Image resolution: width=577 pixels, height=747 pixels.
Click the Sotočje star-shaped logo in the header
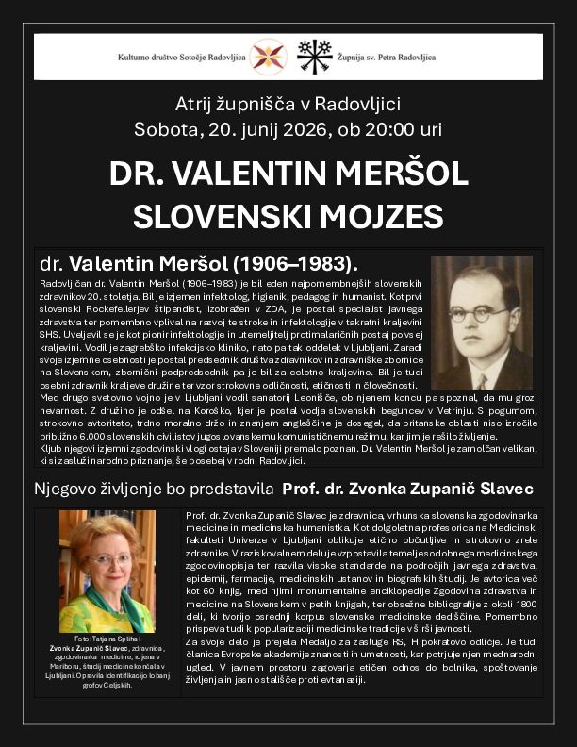click(269, 56)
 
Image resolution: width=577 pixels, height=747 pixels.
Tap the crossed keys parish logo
click(313, 56)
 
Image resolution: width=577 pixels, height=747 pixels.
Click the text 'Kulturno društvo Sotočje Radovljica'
click(182, 57)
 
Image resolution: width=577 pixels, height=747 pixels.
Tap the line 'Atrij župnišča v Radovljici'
click(288, 104)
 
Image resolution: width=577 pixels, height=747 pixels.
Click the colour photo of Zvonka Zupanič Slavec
click(107, 572)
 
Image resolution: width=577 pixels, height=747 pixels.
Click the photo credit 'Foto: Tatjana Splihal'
click(107, 639)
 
